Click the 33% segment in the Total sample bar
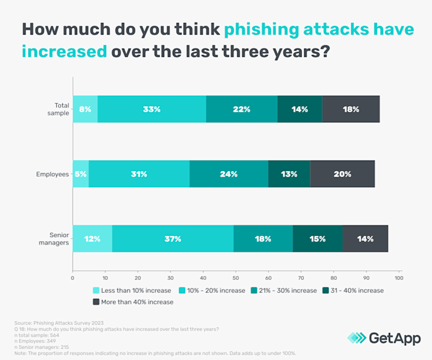click(x=152, y=109)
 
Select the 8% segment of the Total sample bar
click(x=85, y=109)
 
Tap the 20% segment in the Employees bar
click(x=342, y=174)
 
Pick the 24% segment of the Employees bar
click(x=229, y=174)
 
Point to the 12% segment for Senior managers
click(x=93, y=239)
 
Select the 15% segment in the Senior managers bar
click(x=317, y=239)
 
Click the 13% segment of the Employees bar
click(x=289, y=174)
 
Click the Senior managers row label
click(x=55, y=239)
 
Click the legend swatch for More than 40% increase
click(x=96, y=302)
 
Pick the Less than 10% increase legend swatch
click(x=96, y=290)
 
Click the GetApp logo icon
click(x=356, y=337)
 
